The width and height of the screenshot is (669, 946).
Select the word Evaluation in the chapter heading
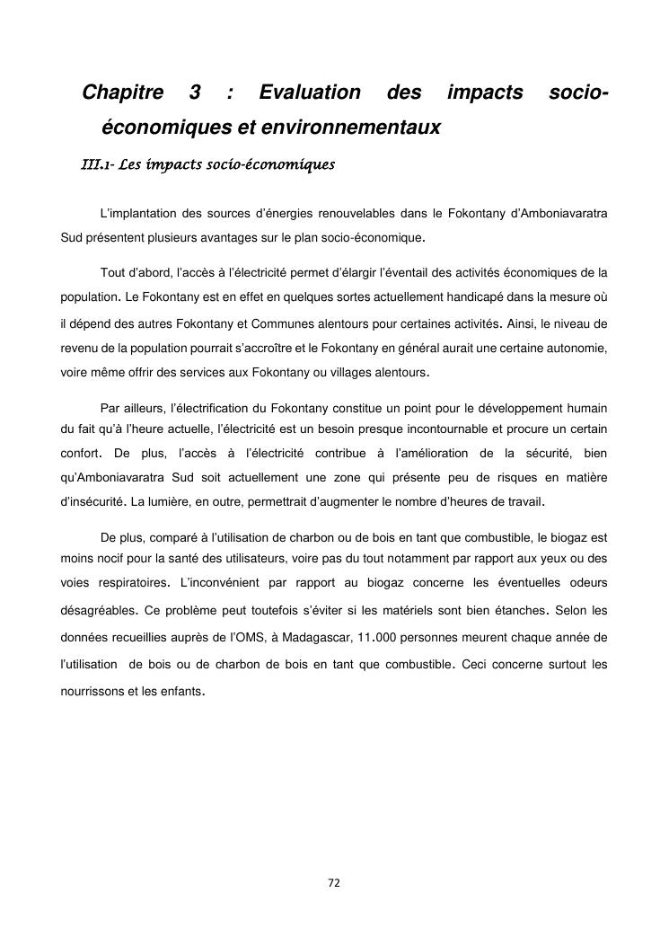(310, 93)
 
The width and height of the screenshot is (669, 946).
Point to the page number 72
(334, 883)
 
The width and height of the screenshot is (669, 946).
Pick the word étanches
(519, 611)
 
